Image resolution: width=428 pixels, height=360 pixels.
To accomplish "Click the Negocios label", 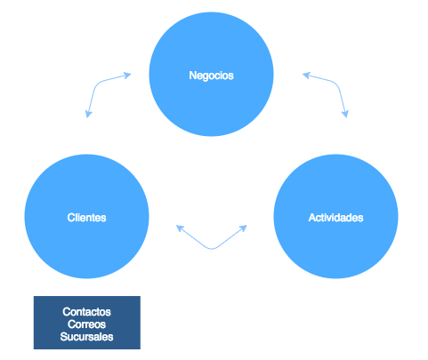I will pyautogui.click(x=211, y=76).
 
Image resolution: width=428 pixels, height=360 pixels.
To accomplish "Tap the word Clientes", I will pyautogui.click(x=86, y=218).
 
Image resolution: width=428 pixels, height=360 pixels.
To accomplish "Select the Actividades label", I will pyautogui.click(x=335, y=218).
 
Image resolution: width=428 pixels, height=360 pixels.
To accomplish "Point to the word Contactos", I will pyautogui.click(x=86, y=313).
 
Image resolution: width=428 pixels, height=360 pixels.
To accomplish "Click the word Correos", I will pyautogui.click(x=86, y=325).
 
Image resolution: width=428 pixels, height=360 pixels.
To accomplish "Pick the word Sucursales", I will pyautogui.click(x=86, y=338).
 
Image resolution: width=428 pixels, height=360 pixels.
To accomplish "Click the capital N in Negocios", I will pyautogui.click(x=192, y=76).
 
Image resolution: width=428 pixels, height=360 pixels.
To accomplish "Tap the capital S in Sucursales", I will pyautogui.click(x=63, y=338).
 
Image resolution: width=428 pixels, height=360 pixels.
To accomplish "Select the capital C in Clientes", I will pyautogui.click(x=69, y=218).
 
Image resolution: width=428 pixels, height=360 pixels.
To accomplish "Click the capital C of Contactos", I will pyautogui.click(x=66, y=313).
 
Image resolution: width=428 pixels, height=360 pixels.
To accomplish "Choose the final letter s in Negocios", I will pyautogui.click(x=230, y=76).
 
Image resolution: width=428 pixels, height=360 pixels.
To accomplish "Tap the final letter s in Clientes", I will pyautogui.click(x=104, y=218).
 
